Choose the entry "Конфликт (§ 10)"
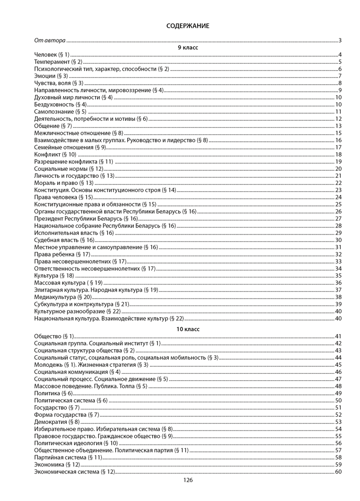[x=55, y=155]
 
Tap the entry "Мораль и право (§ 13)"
[x=64, y=183]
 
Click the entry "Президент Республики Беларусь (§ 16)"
[x=86, y=219]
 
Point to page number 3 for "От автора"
[x=339, y=40]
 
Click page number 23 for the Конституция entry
[x=338, y=190]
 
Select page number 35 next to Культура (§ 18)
[x=338, y=276]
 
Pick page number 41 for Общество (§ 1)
[x=338, y=336]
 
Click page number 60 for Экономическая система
[x=338, y=472]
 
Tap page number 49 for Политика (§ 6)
[x=338, y=393]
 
